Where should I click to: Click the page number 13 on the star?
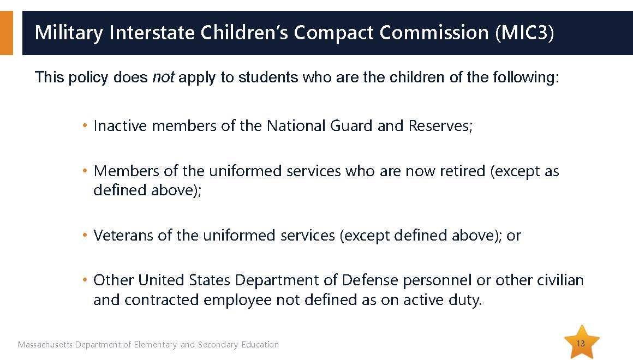pos(581,344)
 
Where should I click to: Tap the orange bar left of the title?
pos(7,33)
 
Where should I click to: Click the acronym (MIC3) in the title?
pos(524,33)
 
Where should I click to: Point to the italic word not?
pos(163,77)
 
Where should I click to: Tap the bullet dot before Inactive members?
pos(85,126)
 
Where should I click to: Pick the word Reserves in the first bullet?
pos(440,125)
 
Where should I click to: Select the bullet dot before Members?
pos(85,171)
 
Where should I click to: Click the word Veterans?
pos(123,235)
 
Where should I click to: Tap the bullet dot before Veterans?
pos(85,235)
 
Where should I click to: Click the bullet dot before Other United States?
pos(85,280)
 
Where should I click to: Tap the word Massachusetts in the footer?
pos(45,344)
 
